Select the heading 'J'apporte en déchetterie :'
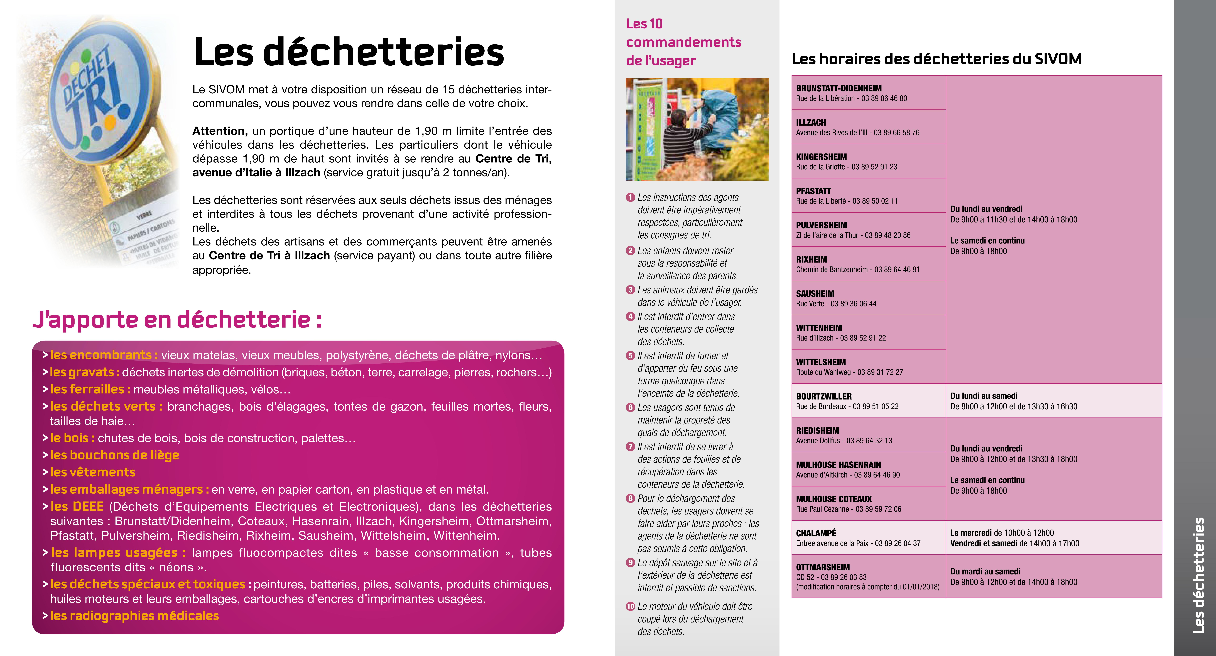point(177,320)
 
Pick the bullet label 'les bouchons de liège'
point(115,455)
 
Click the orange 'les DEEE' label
point(77,506)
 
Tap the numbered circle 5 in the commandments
point(630,356)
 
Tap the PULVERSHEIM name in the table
point(821,225)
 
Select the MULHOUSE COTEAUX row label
point(834,499)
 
